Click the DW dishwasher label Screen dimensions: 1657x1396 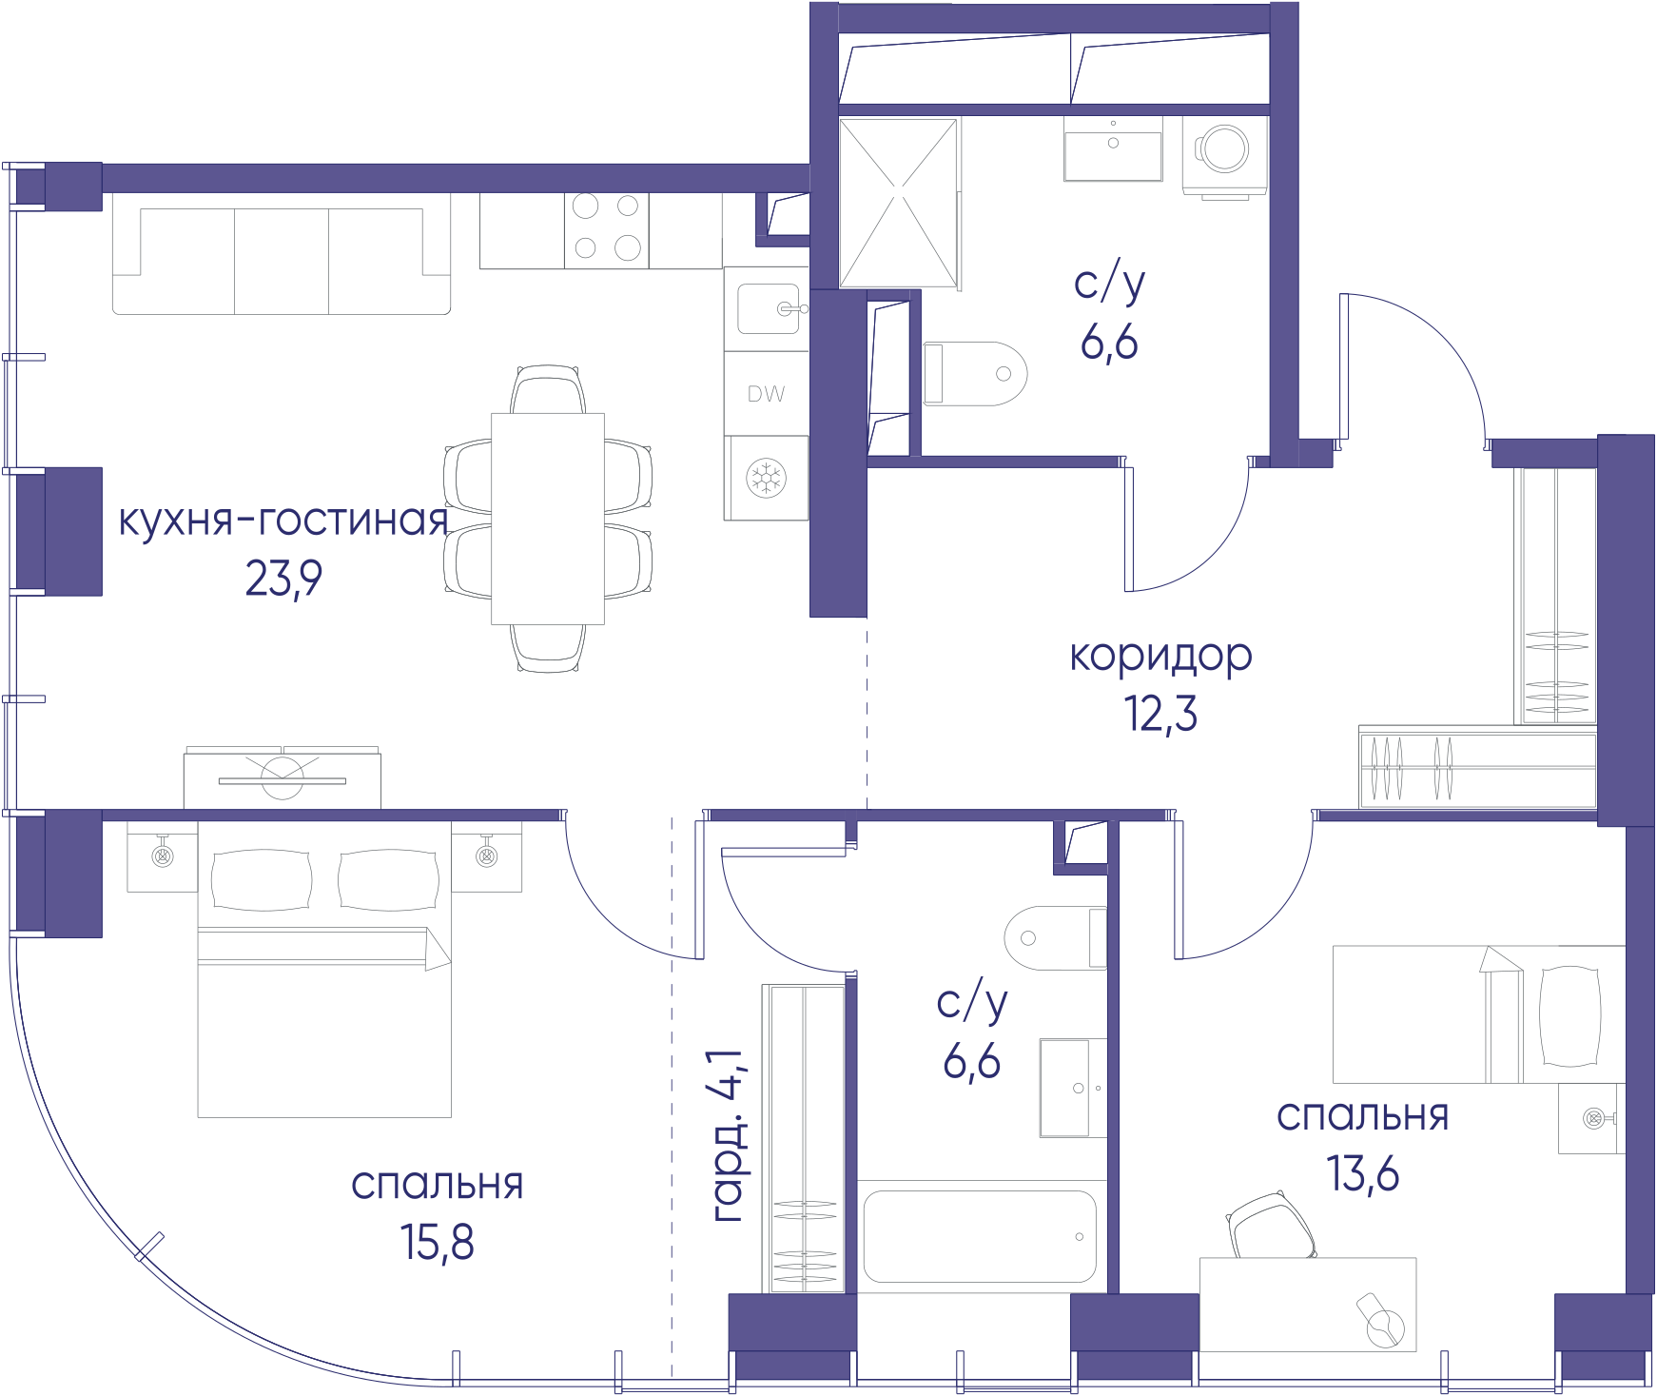pyautogui.click(x=766, y=394)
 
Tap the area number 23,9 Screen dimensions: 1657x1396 pyautogui.click(x=283, y=579)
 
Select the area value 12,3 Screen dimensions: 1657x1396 pyautogui.click(x=1160, y=714)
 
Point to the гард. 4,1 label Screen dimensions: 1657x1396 pyautogui.click(x=730, y=1135)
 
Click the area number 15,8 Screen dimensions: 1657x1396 pyautogui.click(x=437, y=1243)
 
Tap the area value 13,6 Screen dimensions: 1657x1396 pyautogui.click(x=1363, y=1173)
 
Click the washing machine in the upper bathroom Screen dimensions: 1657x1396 pyautogui.click(x=1224, y=157)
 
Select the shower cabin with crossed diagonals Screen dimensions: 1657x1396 pyautogui.click(x=899, y=203)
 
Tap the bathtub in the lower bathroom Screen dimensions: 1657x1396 pyautogui.click(x=981, y=1236)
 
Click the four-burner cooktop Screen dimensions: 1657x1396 pyautogui.click(x=607, y=230)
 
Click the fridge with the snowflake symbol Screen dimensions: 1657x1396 pyautogui.click(x=766, y=478)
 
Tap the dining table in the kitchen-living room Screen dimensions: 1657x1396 pyautogui.click(x=548, y=519)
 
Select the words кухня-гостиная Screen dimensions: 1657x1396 pyautogui.click(x=283, y=521)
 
